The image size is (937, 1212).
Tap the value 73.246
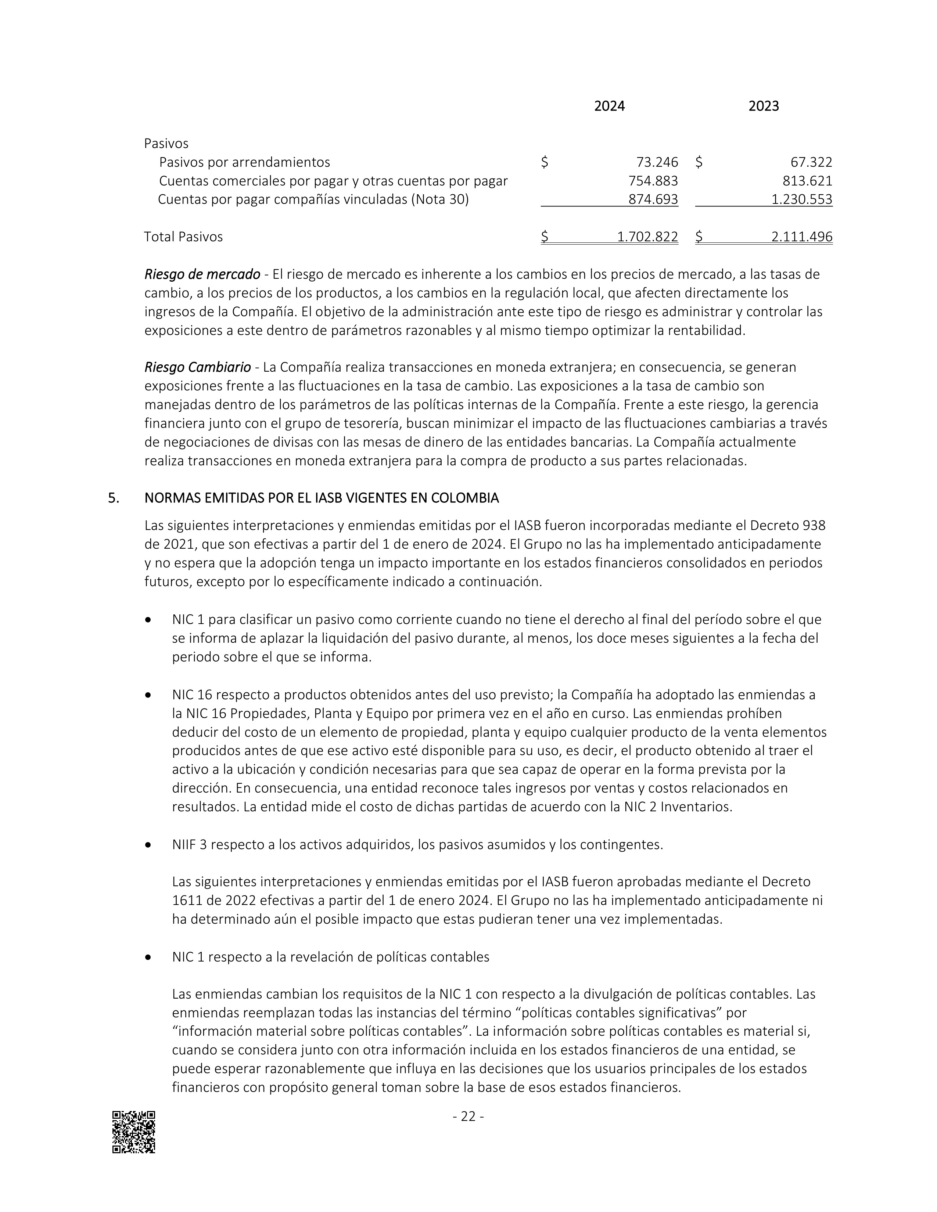click(x=657, y=162)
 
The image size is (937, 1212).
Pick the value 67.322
click(x=811, y=162)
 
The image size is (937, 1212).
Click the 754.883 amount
click(x=653, y=181)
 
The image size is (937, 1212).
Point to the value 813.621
click(x=808, y=181)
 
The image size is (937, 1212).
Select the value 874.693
click(x=653, y=199)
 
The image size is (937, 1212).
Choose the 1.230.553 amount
click(x=801, y=199)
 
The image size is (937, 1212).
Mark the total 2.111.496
click(x=801, y=237)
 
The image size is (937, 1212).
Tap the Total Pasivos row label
click(x=183, y=237)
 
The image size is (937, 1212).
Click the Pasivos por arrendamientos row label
click(x=244, y=162)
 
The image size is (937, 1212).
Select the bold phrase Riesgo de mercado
click(x=202, y=274)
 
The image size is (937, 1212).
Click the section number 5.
click(x=113, y=498)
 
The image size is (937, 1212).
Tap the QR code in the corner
click(x=134, y=1132)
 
